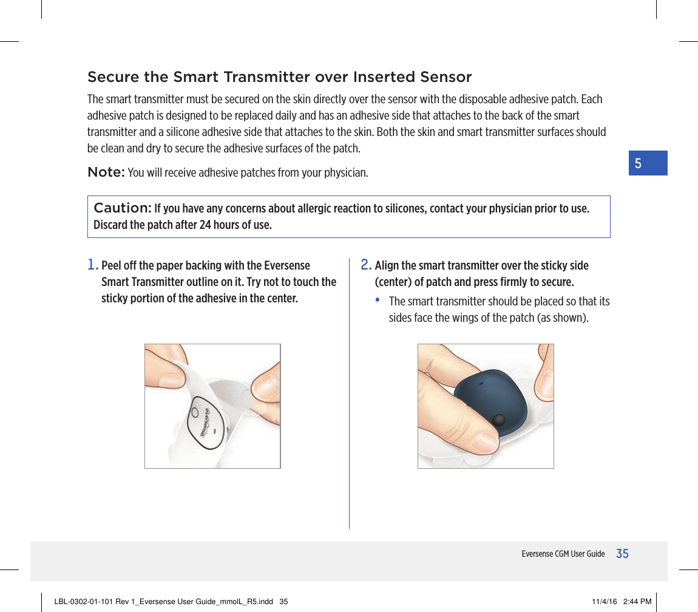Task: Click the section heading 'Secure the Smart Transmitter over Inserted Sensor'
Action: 279,78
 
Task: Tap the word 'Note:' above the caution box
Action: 106,172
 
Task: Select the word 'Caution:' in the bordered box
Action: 122,208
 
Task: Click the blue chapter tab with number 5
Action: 648,163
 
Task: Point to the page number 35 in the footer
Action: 622,554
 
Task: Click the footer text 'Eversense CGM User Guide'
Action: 563,554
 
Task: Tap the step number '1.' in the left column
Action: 93,265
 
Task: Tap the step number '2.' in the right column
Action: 366,265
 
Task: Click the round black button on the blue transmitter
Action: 498,421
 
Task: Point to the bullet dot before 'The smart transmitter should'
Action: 379,301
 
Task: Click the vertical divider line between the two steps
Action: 349,395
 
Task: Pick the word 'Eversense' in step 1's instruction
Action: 287,266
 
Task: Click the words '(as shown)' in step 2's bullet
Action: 562,318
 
